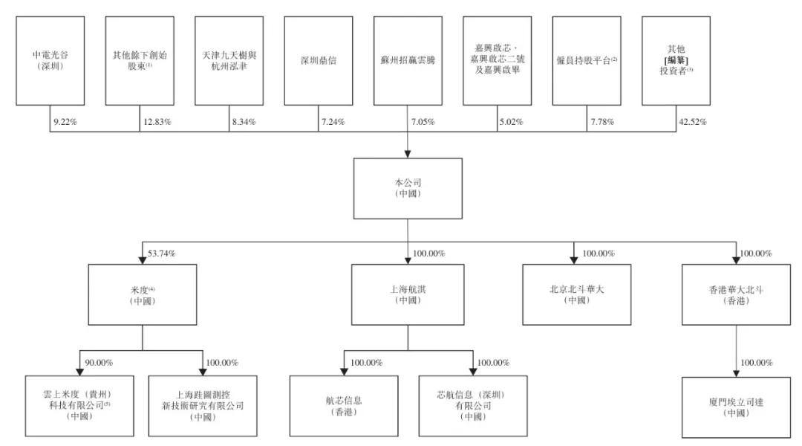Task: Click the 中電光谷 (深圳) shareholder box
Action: [x=50, y=60]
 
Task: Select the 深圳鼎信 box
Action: [x=318, y=60]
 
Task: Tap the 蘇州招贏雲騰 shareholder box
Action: [x=408, y=60]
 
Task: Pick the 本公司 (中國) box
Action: [x=408, y=189]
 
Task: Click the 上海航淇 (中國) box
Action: [x=408, y=294]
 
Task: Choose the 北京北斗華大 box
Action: [x=576, y=294]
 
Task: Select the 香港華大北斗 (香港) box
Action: [x=736, y=294]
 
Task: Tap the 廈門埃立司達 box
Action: [x=736, y=407]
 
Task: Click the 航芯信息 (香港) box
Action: [x=344, y=406]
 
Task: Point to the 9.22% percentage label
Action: [x=65, y=122]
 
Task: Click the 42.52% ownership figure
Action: [x=693, y=122]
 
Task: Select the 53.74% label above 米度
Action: [x=162, y=253]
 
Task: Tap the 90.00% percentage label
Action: [x=99, y=363]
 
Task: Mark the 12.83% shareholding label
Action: [x=157, y=122]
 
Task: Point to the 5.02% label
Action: [x=512, y=122]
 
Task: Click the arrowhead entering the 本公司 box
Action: [x=408, y=154]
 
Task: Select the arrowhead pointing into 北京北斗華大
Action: [x=573, y=260]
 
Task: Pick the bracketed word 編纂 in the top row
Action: [x=677, y=60]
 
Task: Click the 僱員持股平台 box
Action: [x=587, y=60]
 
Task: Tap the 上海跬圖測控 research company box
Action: [x=203, y=406]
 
